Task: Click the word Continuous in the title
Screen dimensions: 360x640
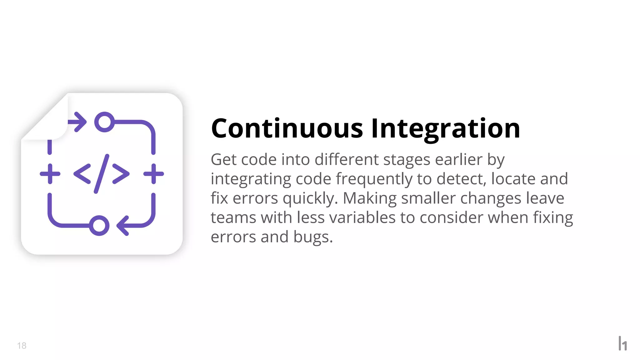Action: pyautogui.click(x=287, y=128)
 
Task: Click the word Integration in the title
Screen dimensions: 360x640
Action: pyautogui.click(x=446, y=129)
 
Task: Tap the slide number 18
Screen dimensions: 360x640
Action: pyautogui.click(x=22, y=346)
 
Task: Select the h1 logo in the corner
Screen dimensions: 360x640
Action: pyautogui.click(x=622, y=343)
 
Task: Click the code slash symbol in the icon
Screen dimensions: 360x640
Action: pyautogui.click(x=101, y=173)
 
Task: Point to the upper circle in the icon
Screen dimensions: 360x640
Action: pyautogui.click(x=104, y=122)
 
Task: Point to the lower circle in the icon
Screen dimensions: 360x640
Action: pyautogui.click(x=99, y=225)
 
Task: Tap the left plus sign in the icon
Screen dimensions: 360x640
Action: pyautogui.click(x=50, y=174)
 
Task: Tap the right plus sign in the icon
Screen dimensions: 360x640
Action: pyautogui.click(x=153, y=174)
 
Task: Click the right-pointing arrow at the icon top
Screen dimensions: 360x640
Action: pyautogui.click(x=78, y=122)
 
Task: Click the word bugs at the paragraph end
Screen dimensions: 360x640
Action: pyautogui.click(x=312, y=237)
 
